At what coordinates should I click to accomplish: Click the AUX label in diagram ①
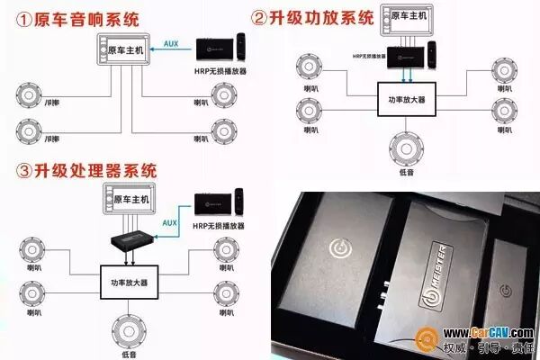tap(171, 40)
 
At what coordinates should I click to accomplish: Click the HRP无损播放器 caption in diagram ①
tap(222, 69)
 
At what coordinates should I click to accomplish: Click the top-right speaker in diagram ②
tap(502, 68)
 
